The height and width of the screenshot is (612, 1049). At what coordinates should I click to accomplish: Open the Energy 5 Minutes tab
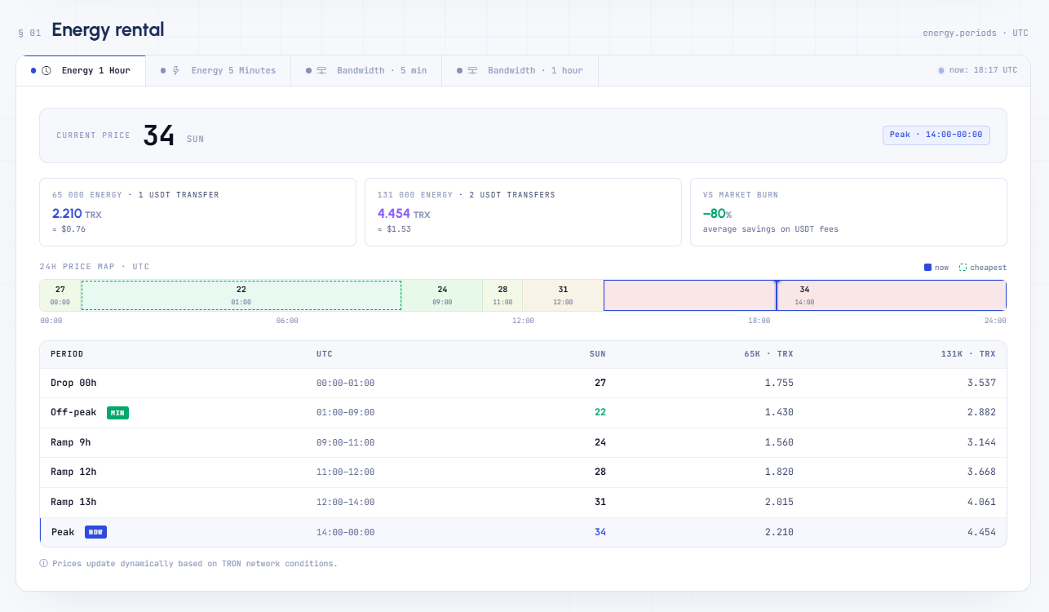tap(219, 71)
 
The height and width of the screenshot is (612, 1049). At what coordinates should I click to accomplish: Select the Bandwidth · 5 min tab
tap(366, 71)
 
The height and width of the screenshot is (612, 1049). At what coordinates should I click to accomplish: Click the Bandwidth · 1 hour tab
tap(520, 71)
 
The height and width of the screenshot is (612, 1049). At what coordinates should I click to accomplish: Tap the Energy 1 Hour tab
tap(81, 71)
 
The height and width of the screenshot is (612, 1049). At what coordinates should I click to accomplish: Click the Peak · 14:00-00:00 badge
tap(936, 135)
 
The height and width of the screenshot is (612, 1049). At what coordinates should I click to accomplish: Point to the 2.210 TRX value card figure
tap(77, 214)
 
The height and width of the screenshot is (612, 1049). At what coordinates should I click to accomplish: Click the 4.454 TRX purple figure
tap(404, 214)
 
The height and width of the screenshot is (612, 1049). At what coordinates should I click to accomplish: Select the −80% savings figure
tap(717, 214)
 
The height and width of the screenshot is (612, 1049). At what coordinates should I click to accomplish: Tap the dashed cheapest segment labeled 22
tap(241, 295)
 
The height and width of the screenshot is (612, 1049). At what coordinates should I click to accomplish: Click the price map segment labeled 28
tap(502, 295)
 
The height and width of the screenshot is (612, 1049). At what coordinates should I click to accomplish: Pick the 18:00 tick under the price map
tap(759, 321)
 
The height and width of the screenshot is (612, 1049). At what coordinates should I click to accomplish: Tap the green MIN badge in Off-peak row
tap(117, 413)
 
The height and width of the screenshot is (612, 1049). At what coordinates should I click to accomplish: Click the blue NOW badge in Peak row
tap(95, 532)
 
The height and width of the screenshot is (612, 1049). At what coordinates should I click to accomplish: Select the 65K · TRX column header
tap(768, 354)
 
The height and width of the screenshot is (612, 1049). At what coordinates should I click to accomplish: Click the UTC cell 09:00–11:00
tap(345, 442)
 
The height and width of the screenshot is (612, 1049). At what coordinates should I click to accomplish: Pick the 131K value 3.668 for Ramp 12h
tap(981, 472)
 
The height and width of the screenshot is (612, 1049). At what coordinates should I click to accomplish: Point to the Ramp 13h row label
tap(73, 502)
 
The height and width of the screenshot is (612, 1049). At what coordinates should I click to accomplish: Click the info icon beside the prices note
tap(43, 563)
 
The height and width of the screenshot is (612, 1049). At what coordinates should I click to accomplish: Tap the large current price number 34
tap(159, 135)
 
